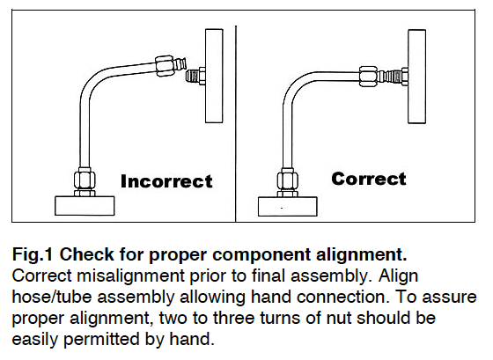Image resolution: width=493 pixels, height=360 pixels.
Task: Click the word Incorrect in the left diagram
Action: [x=166, y=182]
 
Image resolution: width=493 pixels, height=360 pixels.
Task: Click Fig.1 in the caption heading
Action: [x=33, y=255]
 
